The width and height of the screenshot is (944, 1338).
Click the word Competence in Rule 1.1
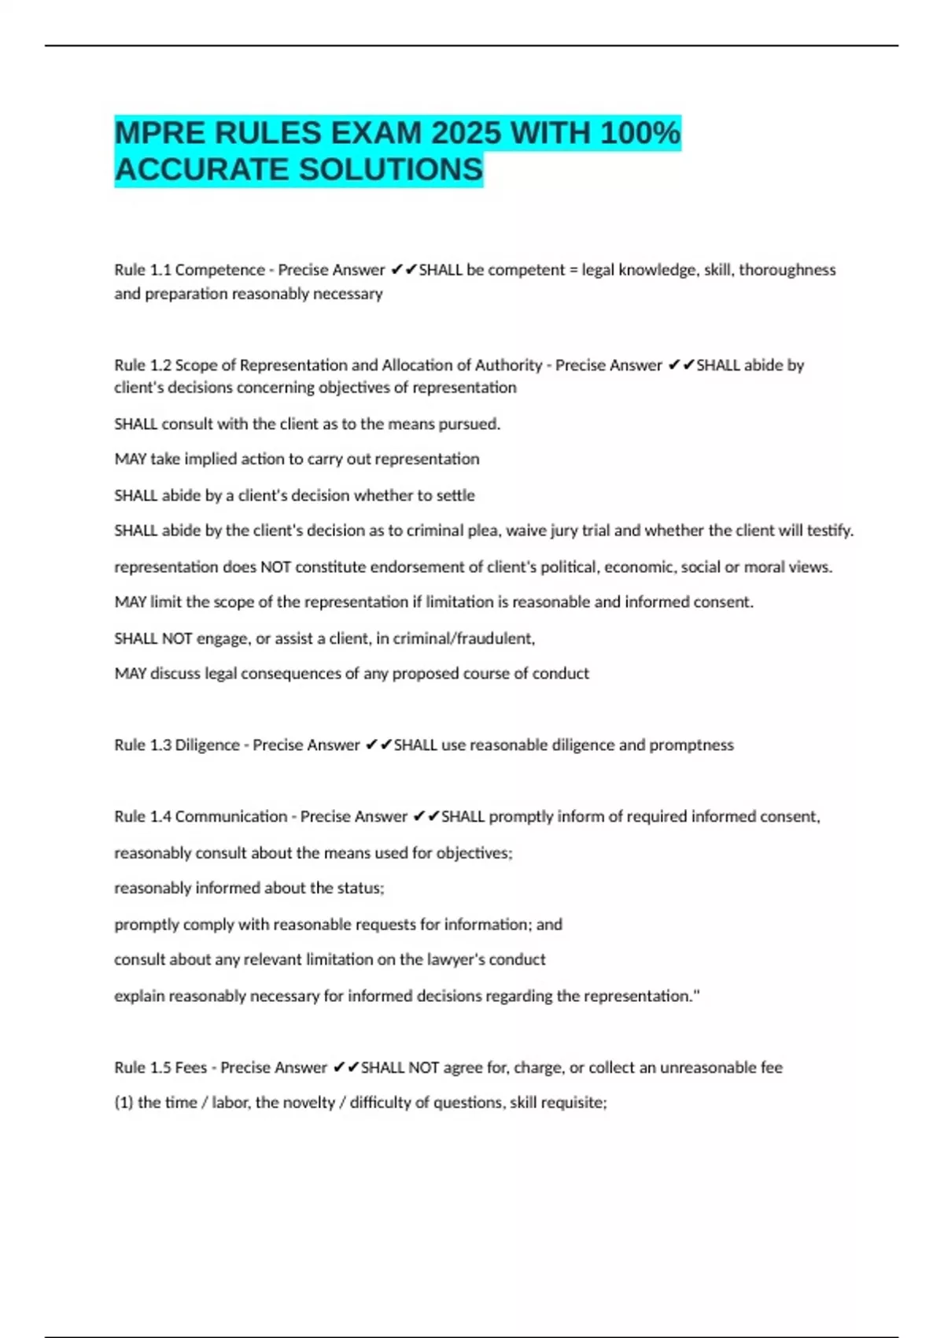pyautogui.click(x=219, y=270)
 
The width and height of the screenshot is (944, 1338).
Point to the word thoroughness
pyautogui.click(x=787, y=270)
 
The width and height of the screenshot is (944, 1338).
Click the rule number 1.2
pyautogui.click(x=160, y=365)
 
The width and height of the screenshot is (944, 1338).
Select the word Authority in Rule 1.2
pyautogui.click(x=508, y=365)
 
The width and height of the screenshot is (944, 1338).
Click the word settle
pyautogui.click(x=455, y=496)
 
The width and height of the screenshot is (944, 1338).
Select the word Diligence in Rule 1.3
pyautogui.click(x=207, y=745)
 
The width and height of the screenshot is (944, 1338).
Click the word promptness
pyautogui.click(x=691, y=745)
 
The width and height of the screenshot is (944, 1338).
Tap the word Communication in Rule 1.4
pyautogui.click(x=230, y=817)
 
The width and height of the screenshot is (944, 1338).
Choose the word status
pyautogui.click(x=361, y=889)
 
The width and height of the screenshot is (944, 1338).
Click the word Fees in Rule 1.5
pyautogui.click(x=191, y=1068)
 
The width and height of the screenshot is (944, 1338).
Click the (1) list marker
pyautogui.click(x=124, y=1103)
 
